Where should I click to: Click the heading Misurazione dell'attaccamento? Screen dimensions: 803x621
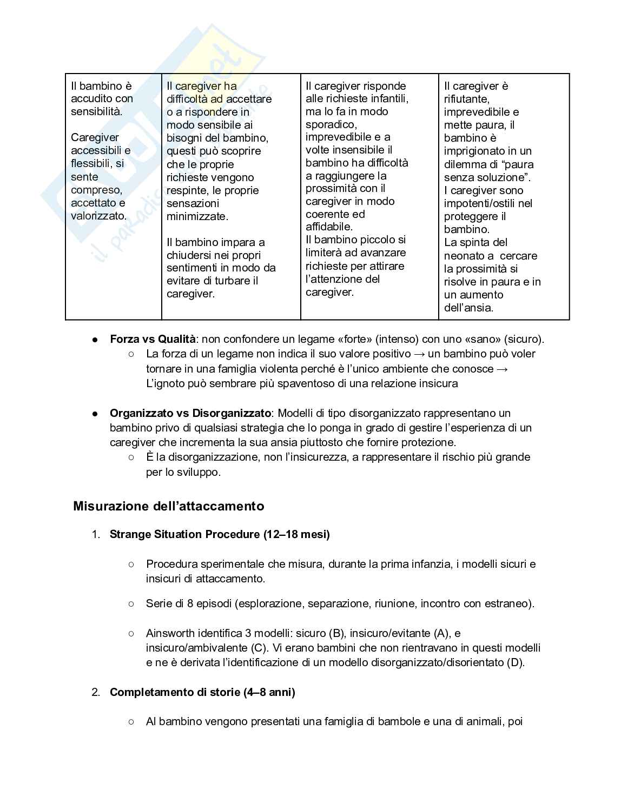click(169, 506)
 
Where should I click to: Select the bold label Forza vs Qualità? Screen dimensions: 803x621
click(153, 339)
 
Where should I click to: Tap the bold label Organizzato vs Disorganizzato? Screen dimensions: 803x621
click(190, 413)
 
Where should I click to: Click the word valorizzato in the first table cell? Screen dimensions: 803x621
click(98, 216)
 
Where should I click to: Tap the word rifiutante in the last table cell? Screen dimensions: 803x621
click(466, 99)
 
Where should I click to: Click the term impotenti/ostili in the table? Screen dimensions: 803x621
click(488, 203)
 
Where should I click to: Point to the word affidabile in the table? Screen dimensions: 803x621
click(329, 227)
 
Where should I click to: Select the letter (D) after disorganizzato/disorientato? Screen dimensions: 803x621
click(515, 662)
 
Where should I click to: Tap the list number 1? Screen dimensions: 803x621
click(96, 534)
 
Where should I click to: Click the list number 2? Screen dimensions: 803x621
click(96, 692)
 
